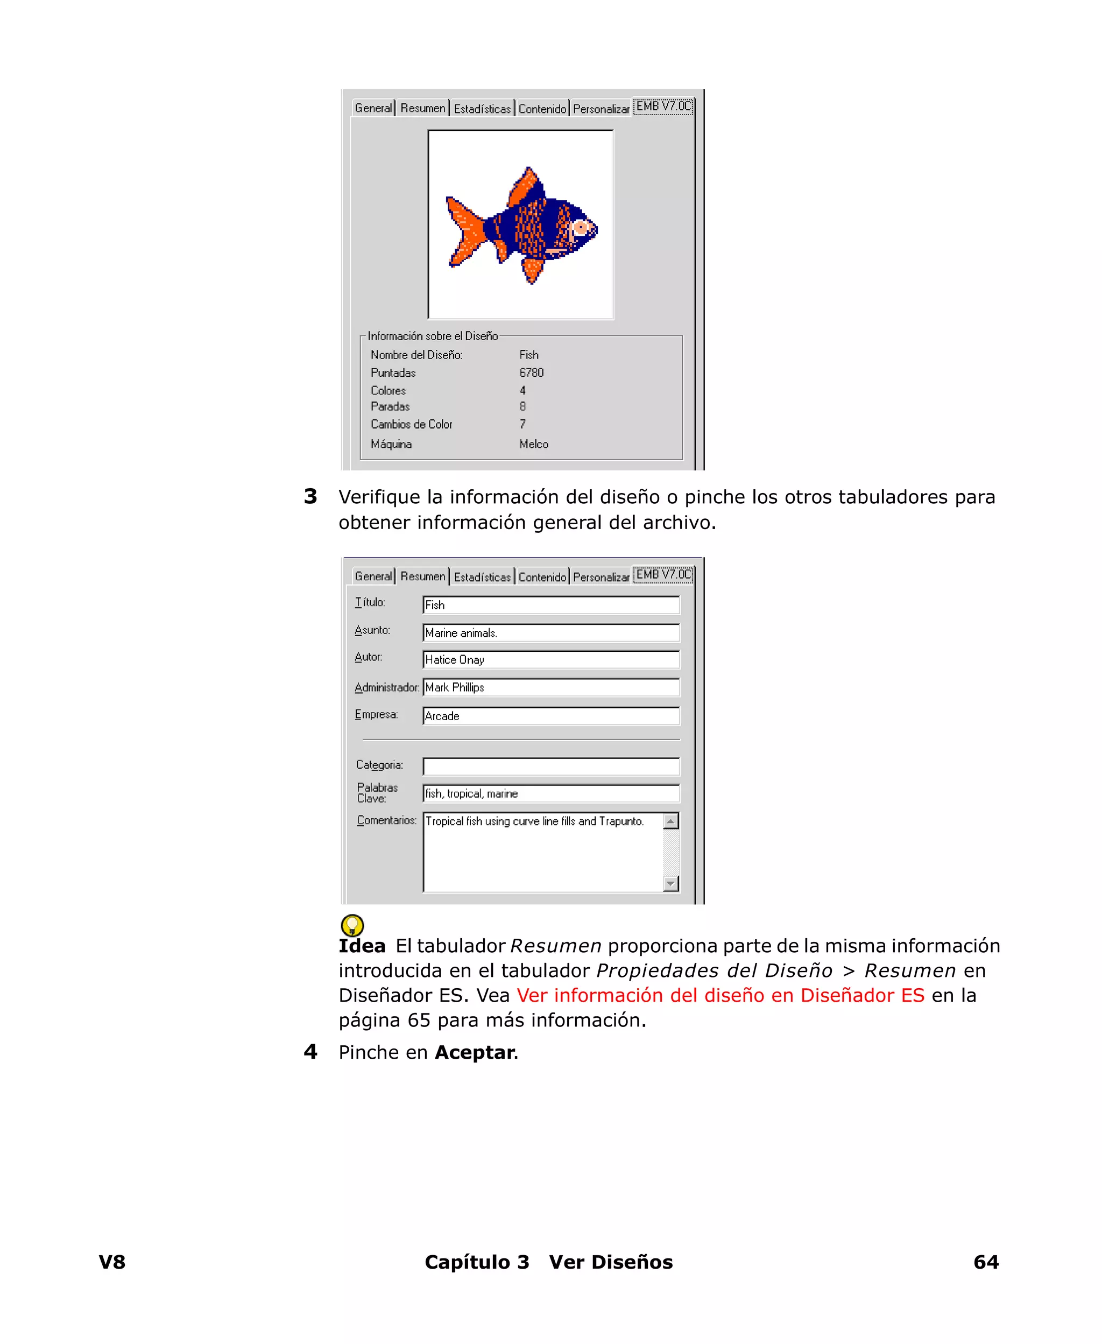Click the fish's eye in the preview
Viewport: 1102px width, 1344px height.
[x=580, y=227]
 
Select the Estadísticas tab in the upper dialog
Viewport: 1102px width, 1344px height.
[x=482, y=109]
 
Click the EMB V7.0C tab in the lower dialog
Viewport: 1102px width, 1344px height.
[x=663, y=574]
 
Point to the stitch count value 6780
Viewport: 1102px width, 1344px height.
[x=531, y=372]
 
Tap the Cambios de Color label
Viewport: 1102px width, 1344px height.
[x=411, y=424]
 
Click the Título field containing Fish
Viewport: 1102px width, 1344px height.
[x=550, y=605]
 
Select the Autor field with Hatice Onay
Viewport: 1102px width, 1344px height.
[x=550, y=659]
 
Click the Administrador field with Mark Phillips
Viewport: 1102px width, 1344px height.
[x=550, y=687]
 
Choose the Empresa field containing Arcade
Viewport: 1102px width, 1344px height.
[x=550, y=716]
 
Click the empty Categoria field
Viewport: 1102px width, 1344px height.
[x=550, y=766]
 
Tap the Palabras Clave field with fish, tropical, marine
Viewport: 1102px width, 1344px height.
[x=550, y=793]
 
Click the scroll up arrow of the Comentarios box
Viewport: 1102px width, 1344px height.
[x=670, y=821]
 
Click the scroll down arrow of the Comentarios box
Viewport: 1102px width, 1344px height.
[x=670, y=883]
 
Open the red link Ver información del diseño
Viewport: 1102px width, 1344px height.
[x=720, y=995]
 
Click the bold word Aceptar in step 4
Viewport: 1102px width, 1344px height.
[x=474, y=1053]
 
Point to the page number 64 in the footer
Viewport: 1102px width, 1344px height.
[x=985, y=1262]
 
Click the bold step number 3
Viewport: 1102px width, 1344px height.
[x=310, y=496]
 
